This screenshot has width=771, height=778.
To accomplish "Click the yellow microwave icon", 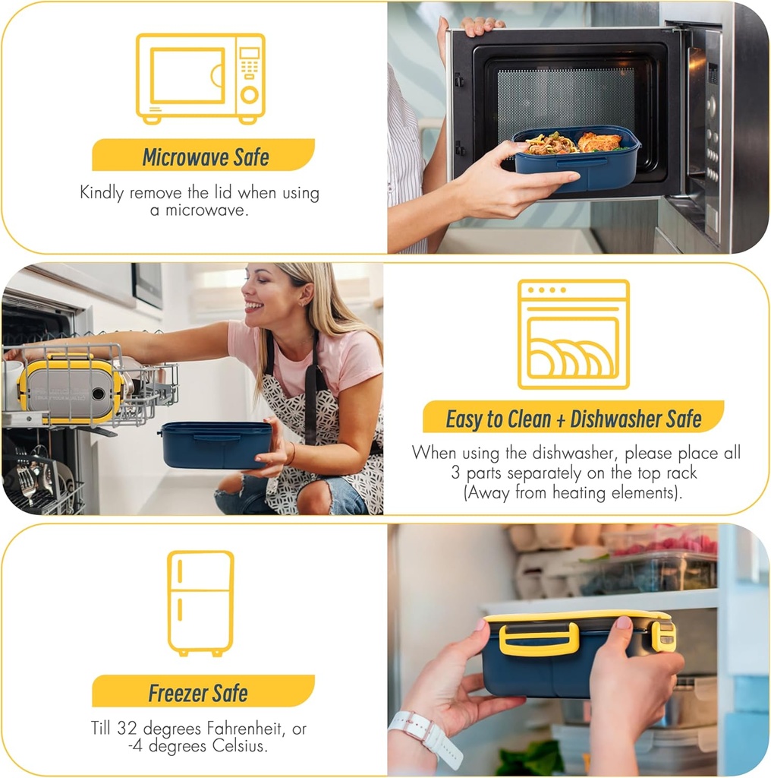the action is [200, 78].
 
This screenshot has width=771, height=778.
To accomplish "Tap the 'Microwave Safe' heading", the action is [206, 157].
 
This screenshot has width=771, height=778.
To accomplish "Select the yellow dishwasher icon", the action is [573, 334].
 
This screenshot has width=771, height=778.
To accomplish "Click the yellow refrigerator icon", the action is [200, 602].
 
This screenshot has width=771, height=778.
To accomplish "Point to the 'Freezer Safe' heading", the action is [198, 693].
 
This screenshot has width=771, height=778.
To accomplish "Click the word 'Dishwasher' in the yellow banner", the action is [615, 419].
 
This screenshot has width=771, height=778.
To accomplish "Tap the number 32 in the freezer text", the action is [127, 728].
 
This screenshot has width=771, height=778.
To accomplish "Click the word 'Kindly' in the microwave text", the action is [102, 192].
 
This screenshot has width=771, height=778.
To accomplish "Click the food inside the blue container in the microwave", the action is [574, 143].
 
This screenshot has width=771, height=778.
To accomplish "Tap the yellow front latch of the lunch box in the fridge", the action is [539, 639].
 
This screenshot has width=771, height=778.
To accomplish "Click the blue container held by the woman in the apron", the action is [216, 445].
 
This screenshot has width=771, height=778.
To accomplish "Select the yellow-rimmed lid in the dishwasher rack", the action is [69, 390].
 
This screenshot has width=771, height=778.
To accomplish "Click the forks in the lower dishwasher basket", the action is [28, 480].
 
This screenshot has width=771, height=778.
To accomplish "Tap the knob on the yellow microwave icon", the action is [249, 94].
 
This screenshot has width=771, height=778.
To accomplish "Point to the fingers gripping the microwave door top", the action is [480, 24].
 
